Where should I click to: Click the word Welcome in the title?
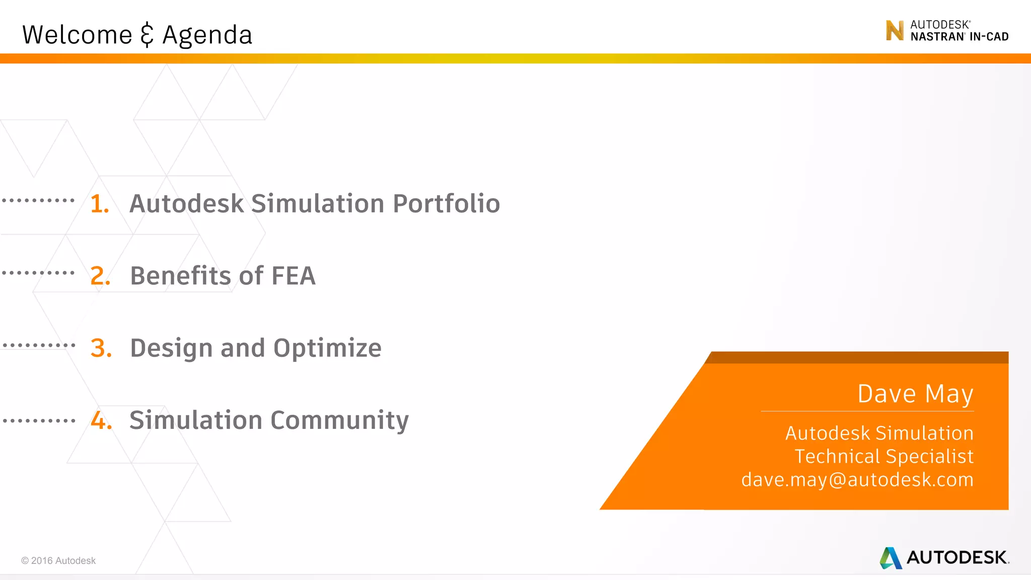[77, 35]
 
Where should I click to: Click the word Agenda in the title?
[207, 35]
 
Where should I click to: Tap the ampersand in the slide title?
[146, 35]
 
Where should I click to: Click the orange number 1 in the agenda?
[99, 204]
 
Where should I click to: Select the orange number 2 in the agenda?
[100, 276]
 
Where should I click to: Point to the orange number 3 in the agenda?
[101, 348]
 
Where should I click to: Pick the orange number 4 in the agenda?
[101, 420]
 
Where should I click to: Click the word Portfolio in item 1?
[446, 204]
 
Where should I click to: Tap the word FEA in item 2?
[293, 276]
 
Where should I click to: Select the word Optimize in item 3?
[327, 348]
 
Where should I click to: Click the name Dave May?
[915, 394]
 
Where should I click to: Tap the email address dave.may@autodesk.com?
[857, 480]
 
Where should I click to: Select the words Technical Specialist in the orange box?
[884, 457]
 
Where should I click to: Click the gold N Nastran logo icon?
[895, 31]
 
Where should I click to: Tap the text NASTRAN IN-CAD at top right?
[960, 37]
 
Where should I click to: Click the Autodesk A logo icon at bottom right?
[891, 558]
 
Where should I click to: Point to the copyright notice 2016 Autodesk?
[58, 561]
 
